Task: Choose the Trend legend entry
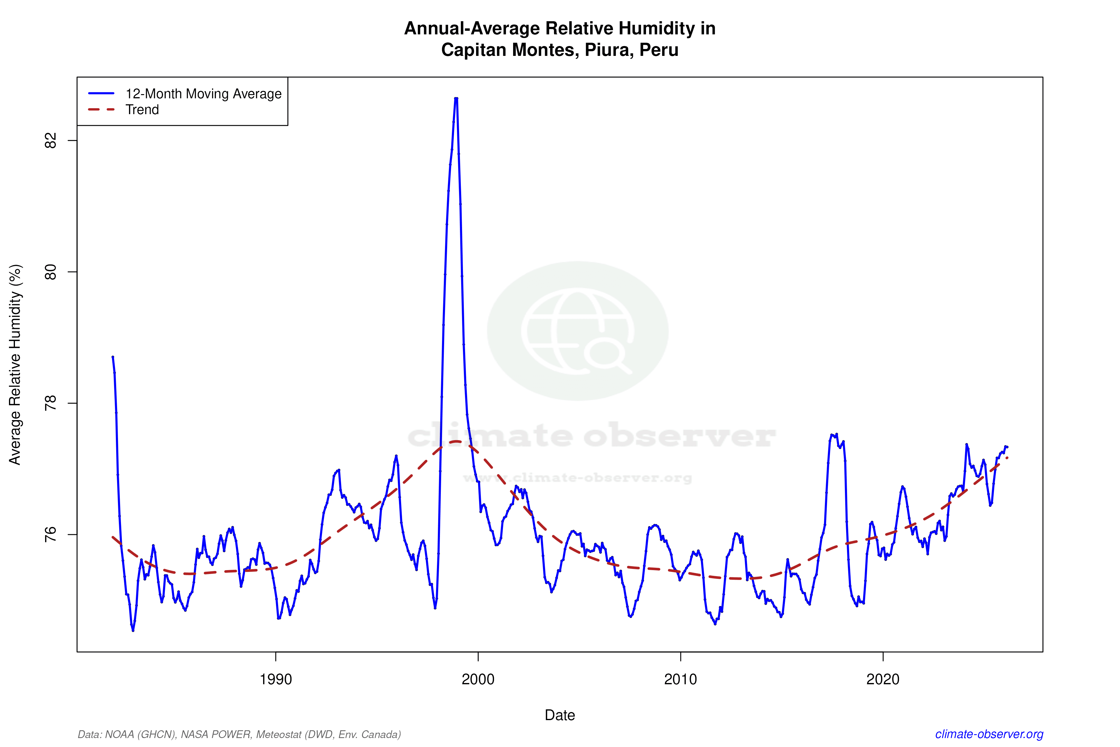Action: [142, 110]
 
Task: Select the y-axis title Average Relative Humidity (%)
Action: [15, 365]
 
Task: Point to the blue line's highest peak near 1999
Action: [456, 99]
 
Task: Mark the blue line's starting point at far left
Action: [112, 356]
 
